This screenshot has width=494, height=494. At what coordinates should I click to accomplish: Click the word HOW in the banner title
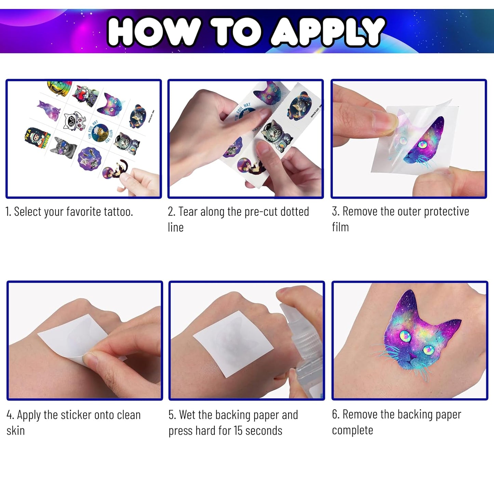(153, 32)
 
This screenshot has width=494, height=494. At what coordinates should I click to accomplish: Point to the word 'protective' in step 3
(446, 212)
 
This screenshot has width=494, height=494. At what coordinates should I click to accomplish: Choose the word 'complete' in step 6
(352, 431)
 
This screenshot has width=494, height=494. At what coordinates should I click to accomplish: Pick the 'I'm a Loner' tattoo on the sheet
(37, 138)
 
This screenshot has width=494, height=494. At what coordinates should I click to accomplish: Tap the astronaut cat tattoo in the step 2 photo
(276, 135)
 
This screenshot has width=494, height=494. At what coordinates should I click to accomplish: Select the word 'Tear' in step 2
(188, 212)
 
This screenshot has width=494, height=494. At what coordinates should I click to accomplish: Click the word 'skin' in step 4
(16, 431)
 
